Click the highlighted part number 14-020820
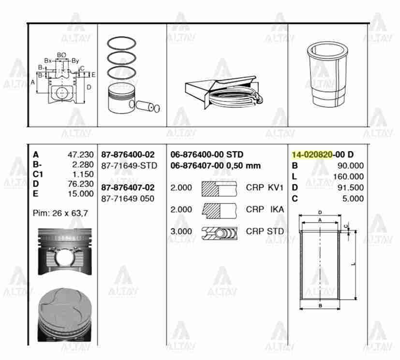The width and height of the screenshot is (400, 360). point(311,155)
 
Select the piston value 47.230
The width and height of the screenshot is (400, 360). point(80,155)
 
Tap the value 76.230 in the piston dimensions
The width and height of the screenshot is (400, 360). point(80,184)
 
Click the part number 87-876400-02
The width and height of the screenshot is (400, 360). point(128,155)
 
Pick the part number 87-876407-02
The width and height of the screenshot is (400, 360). point(128,187)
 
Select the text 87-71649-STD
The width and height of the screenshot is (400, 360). point(129,166)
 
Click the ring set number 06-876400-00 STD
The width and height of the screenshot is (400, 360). point(207,155)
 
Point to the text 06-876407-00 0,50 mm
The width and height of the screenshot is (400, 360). point(216,166)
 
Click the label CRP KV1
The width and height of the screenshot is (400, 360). point(265,187)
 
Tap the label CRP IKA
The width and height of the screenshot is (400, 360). point(265,209)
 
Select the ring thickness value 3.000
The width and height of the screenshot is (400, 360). point(181,231)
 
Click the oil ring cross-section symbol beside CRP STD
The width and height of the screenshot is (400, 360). point(220,231)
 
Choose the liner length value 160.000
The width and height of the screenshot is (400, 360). point(348,176)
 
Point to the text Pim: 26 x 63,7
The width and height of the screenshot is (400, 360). point(60,213)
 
